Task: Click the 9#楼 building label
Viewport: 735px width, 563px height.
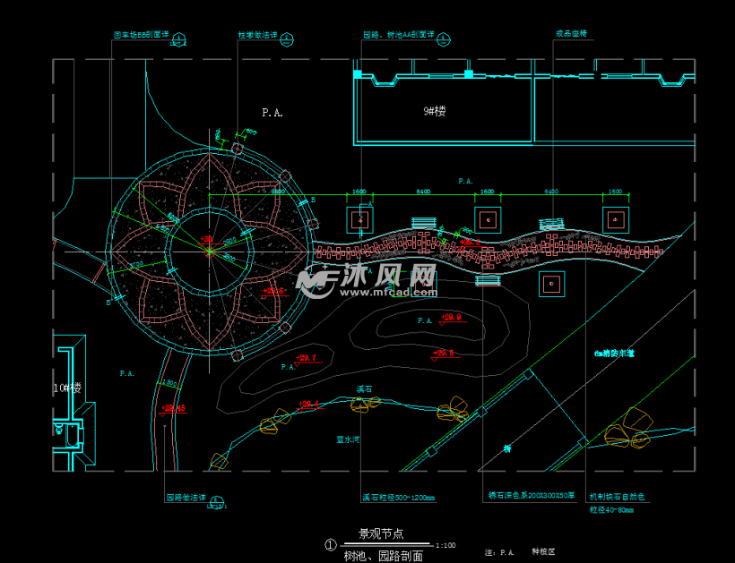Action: pos(435,112)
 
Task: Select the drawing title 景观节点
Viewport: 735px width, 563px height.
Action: pos(381,533)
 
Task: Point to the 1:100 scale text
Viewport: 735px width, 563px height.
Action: pos(445,545)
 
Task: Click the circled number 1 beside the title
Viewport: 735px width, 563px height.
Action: pos(330,544)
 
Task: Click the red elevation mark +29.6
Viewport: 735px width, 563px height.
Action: pos(444,354)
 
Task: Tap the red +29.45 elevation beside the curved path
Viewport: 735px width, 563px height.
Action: pos(174,408)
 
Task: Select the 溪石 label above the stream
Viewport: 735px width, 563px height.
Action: pos(364,389)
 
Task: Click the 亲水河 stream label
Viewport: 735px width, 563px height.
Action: pos(348,439)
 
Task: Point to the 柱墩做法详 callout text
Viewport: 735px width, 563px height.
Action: pos(256,36)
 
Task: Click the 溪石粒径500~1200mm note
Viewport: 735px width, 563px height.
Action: pos(398,499)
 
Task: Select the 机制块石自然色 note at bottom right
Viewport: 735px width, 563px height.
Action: pos(617,496)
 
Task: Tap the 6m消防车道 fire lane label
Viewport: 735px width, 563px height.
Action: pos(614,354)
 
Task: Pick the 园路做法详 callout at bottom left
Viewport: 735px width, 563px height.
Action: pos(186,498)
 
